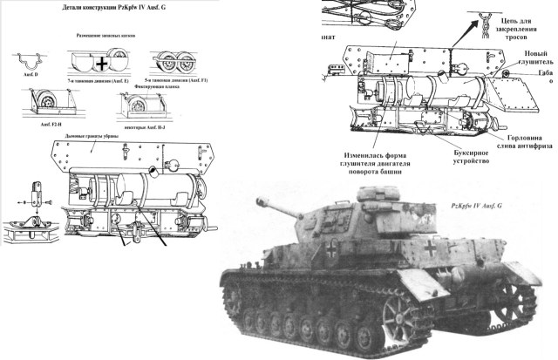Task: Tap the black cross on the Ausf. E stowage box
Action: click(103, 64)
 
